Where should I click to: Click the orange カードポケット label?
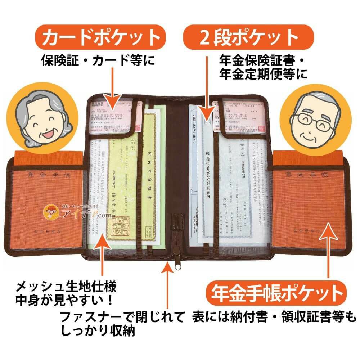coord(100,37)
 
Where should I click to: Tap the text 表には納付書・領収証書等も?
coord(274,317)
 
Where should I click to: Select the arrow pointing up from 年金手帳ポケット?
coord(329,252)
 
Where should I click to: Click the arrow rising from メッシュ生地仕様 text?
coord(103,259)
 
